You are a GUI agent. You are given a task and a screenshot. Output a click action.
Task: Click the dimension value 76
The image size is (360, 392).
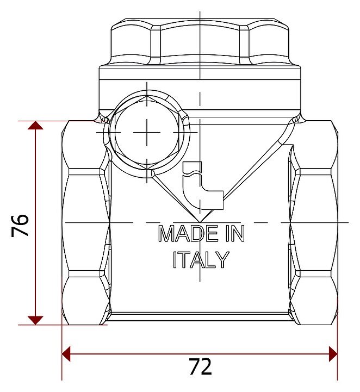20,225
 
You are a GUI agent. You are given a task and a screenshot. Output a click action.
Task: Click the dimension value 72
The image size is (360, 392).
201,366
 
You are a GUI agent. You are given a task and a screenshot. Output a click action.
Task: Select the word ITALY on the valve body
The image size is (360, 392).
201,259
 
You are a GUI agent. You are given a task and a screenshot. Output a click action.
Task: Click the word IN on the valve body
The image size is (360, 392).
235,233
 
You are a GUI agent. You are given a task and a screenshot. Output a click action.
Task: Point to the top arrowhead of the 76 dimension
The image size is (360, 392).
35,125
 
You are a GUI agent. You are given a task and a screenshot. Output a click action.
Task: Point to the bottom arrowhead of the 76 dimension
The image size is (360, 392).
35,320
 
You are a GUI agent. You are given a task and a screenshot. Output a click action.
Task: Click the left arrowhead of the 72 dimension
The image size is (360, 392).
66,354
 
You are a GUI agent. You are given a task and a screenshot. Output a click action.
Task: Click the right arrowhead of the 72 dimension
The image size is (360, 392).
333,354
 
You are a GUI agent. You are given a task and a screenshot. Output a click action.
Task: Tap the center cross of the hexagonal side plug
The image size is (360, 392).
147,132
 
